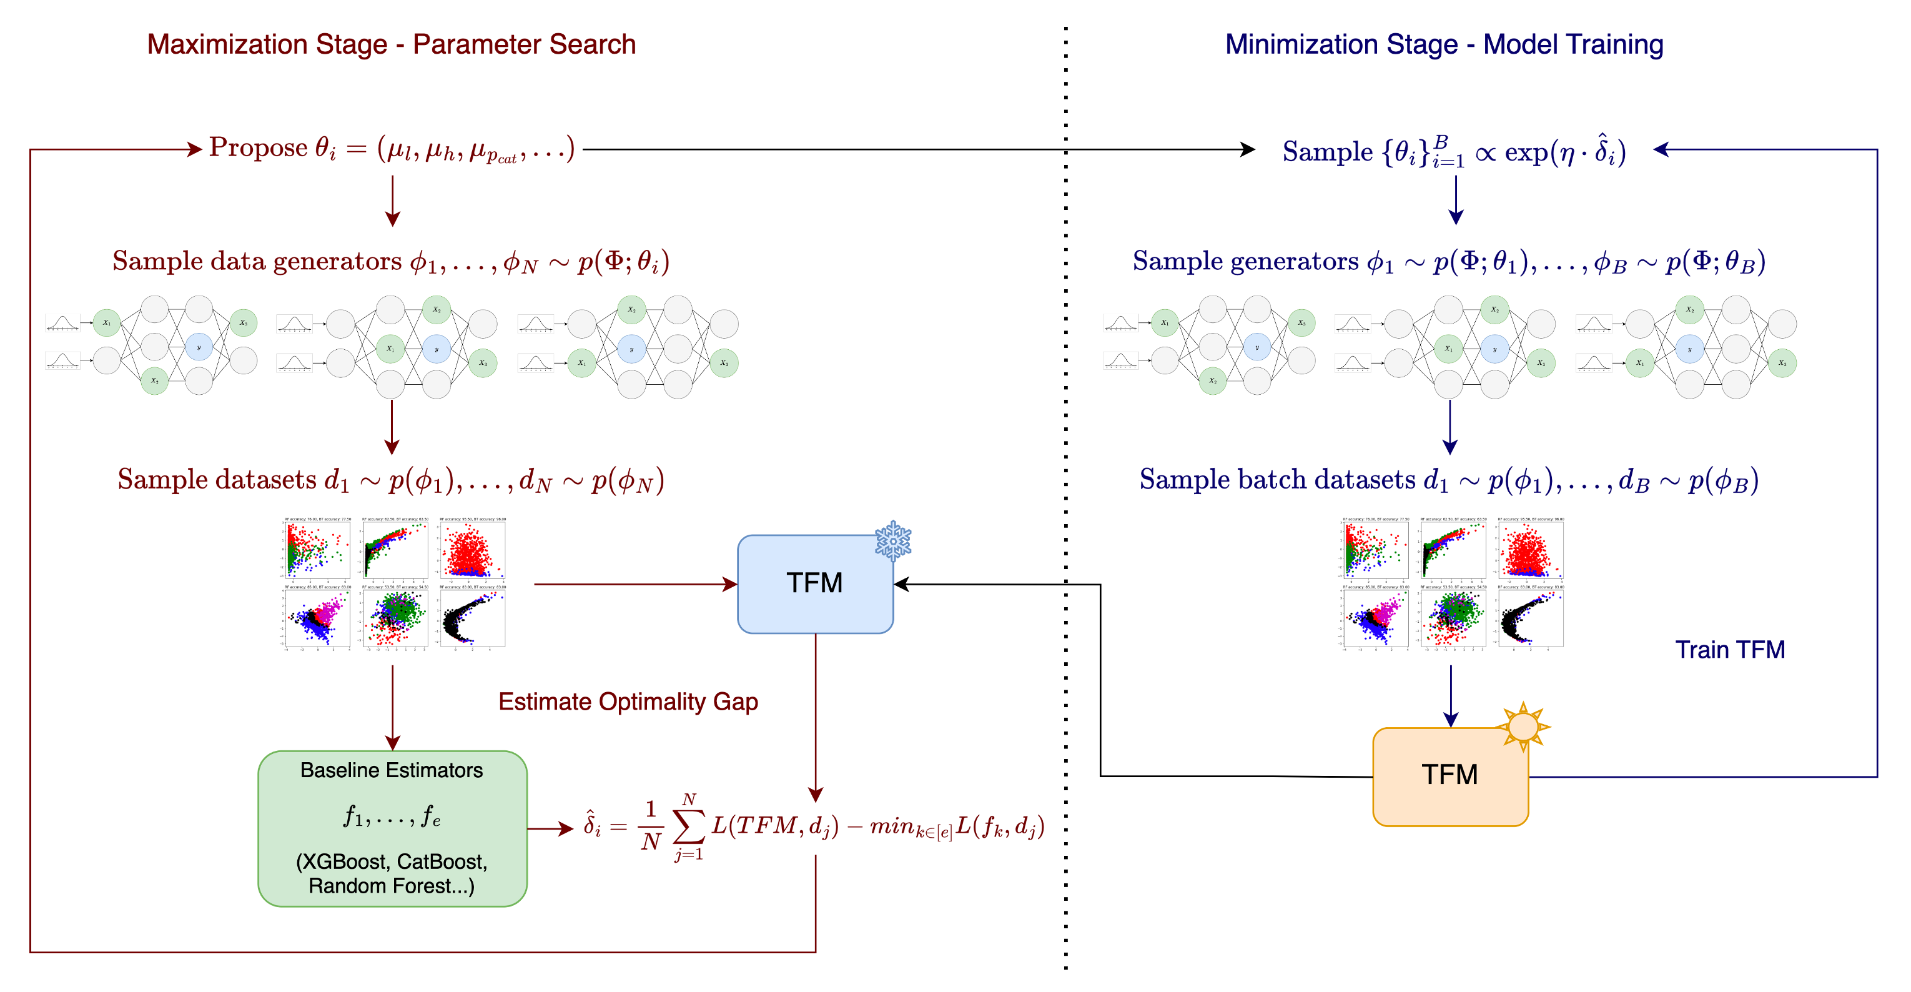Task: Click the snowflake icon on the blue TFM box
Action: (x=892, y=540)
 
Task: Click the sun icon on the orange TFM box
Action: (x=1523, y=726)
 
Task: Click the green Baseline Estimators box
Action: (x=392, y=828)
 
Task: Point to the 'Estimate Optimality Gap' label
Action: (x=628, y=702)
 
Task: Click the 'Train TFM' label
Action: (x=1729, y=650)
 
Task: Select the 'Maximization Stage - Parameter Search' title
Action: (x=391, y=44)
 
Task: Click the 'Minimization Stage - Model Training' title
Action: (x=1444, y=44)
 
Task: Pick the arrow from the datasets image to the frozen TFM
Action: (x=635, y=585)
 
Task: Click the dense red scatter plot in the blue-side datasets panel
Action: (x=1529, y=550)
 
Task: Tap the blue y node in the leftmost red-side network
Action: (x=199, y=347)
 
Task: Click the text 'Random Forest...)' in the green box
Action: (x=391, y=886)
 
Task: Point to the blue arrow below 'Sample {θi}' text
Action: (x=1456, y=201)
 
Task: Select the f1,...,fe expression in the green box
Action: (x=391, y=816)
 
